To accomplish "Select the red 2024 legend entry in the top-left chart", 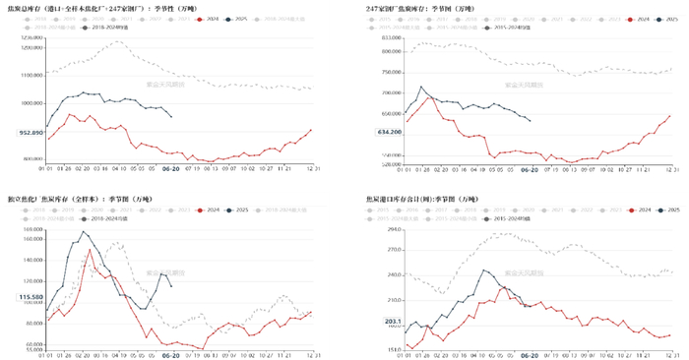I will tap(210, 19).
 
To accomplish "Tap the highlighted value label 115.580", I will tap(31, 296).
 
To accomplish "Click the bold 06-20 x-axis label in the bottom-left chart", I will tap(170, 356).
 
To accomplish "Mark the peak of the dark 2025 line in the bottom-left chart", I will tap(85, 231).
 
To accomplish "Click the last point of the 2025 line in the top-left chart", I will tap(172, 117).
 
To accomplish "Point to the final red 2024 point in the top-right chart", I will tap(670, 116).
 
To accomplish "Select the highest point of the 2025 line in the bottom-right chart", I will tap(484, 270).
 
